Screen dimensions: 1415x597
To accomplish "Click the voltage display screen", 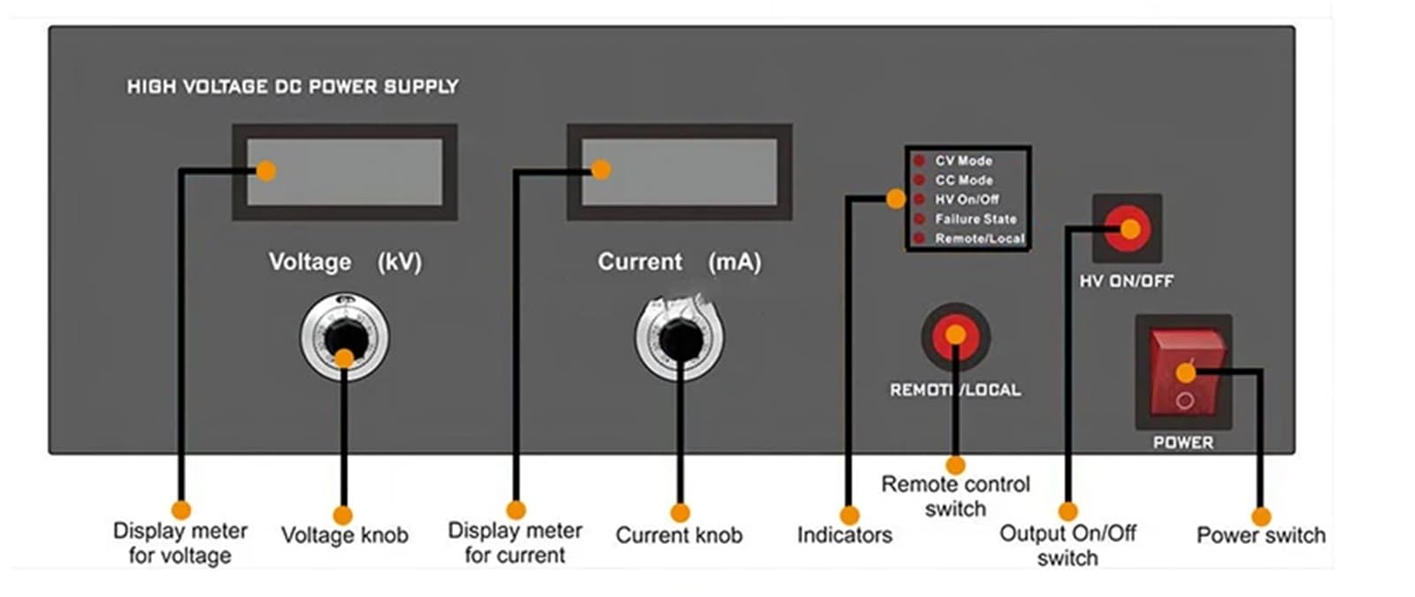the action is pos(345,172).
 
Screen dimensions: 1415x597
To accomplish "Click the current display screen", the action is pos(680,172).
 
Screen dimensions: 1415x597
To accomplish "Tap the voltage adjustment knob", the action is pos(345,337).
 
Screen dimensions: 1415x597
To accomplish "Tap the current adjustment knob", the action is pos(680,337).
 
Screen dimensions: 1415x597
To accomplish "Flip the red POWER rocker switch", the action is pos(1185,372).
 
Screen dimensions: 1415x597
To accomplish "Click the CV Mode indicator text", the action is pos(963,161).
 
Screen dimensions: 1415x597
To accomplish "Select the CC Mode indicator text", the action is pos(964,180).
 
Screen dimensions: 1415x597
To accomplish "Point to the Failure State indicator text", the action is pos(976,219).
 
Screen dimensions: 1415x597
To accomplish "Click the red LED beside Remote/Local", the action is pos(920,238).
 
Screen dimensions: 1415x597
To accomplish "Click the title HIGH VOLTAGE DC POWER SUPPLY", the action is pos(293,87).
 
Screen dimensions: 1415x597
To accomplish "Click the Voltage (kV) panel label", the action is pos(346,262).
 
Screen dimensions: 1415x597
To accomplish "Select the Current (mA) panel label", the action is pos(680,262).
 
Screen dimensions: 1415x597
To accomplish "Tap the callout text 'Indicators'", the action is pos(845,535).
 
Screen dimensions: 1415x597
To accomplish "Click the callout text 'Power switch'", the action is pos(1261,535).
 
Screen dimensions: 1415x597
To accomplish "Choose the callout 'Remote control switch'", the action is pos(956,496).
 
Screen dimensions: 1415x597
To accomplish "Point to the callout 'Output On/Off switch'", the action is pos(1067,545).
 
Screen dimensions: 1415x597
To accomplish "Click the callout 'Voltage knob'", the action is pos(345,535).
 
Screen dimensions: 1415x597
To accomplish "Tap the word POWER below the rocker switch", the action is pos(1184,442).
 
